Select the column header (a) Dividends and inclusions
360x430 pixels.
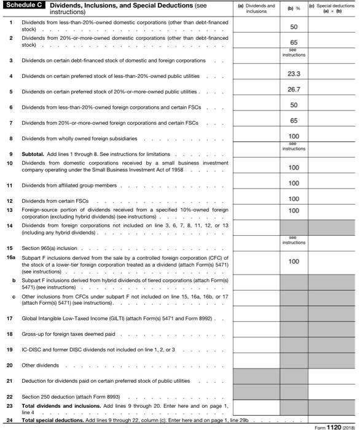tap(256, 8)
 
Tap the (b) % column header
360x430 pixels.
tap(294, 8)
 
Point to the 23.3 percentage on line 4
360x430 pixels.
tap(294, 74)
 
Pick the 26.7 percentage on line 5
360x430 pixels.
tap(294, 90)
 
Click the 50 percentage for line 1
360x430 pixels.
tap(294, 28)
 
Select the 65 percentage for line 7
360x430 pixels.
tap(294, 121)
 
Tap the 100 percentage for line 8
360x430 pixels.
tap(294, 136)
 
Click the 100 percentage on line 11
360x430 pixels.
tap(294, 183)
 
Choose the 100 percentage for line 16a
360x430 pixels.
tap(294, 261)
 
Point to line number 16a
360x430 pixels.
tap(10, 257)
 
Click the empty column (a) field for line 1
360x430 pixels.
tap(256, 25)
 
